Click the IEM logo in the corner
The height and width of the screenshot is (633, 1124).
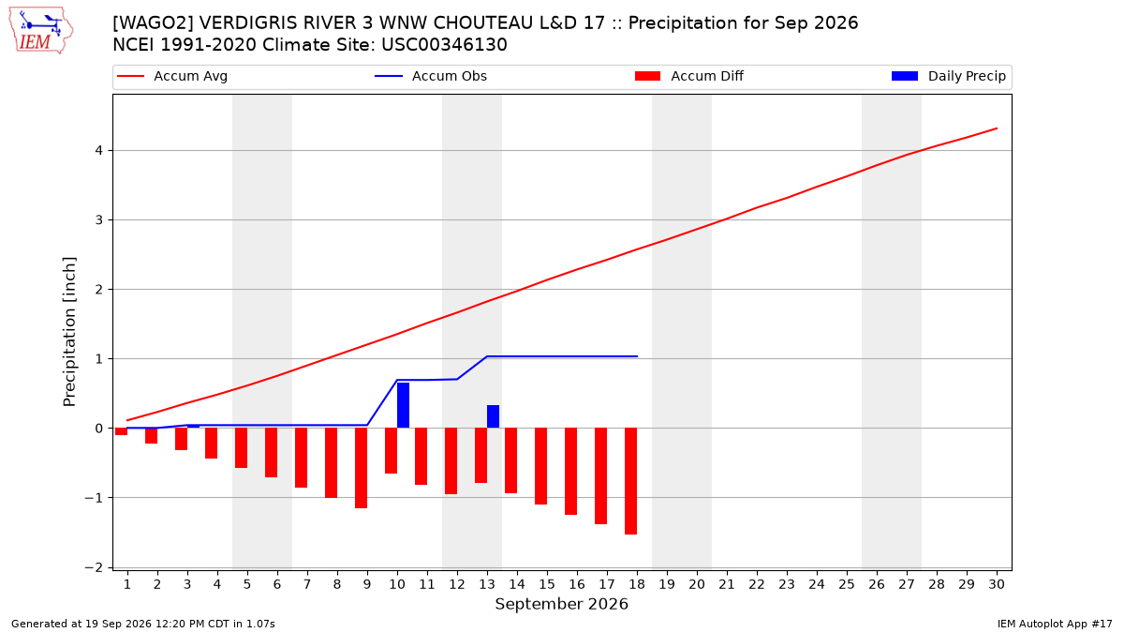41,30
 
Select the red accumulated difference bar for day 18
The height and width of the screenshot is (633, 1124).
630,481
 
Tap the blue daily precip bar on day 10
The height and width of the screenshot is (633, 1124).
403,405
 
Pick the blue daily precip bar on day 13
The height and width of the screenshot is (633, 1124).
493,416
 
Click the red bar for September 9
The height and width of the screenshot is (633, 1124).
361,468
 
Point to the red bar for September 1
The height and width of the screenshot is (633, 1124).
121,431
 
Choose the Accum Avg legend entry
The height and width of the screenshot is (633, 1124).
172,76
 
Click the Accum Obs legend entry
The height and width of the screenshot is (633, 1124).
431,76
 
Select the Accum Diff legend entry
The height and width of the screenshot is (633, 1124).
689,76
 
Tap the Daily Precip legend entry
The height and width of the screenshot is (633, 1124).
948,76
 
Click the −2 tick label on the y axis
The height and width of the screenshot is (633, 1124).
94,567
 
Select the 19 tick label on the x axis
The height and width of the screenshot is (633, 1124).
667,584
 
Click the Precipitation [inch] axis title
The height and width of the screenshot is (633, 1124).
69,332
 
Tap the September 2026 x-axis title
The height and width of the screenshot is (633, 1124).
561,604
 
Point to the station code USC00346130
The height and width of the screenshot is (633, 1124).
444,45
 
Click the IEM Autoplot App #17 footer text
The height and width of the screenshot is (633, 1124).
1055,624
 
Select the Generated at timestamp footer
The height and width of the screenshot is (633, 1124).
143,624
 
